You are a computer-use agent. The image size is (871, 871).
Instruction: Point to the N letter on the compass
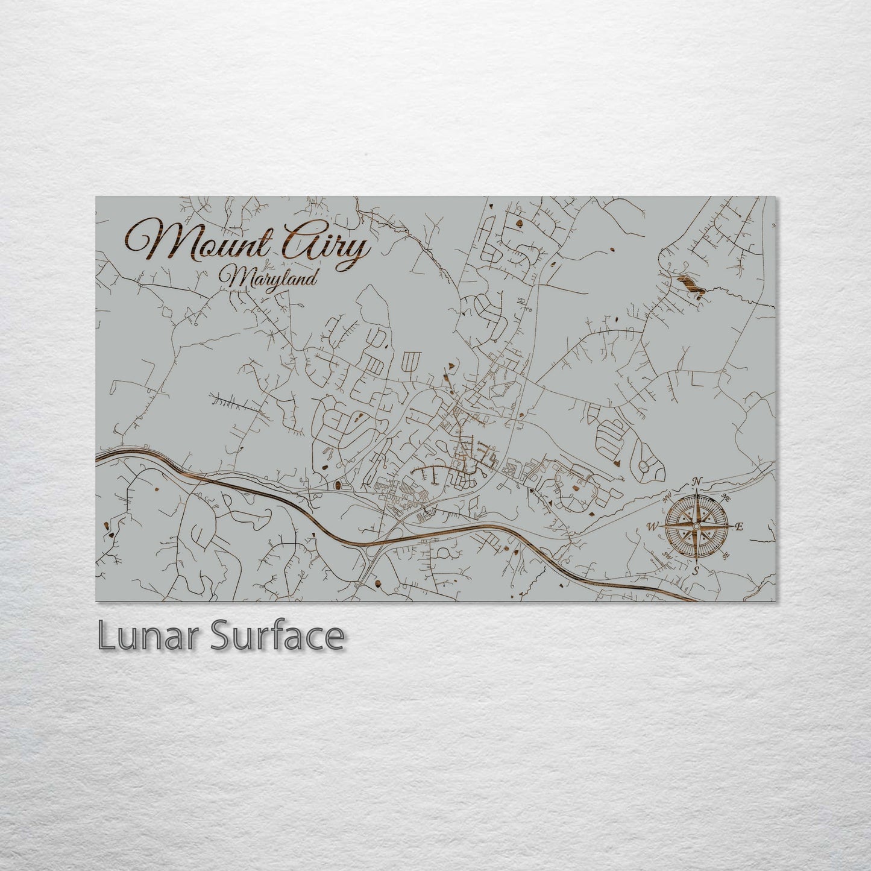point(697,482)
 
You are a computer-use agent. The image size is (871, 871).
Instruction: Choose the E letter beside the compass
point(740,526)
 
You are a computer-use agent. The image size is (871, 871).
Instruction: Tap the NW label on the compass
point(667,498)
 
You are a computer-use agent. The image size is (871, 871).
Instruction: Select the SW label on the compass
point(667,554)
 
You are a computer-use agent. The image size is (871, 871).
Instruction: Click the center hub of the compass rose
point(696,526)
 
